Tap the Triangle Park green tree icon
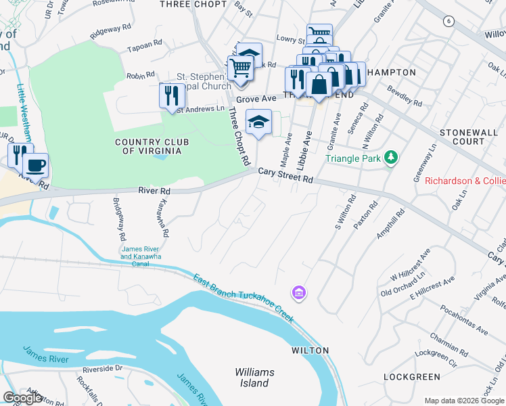(390, 158)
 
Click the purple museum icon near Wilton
(298, 293)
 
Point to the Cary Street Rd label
(285, 176)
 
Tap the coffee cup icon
(35, 165)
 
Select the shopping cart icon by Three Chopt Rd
(240, 68)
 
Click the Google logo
(22, 398)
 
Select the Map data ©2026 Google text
(464, 401)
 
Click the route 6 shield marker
(448, 22)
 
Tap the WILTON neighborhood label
(310, 351)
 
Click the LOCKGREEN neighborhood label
(407, 376)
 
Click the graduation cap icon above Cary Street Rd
(258, 122)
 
